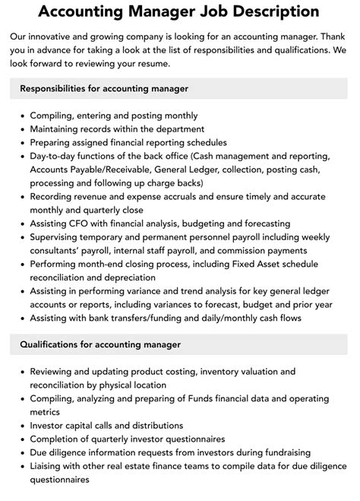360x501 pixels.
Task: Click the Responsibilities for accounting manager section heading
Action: coord(105,88)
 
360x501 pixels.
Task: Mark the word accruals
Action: coord(189,196)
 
